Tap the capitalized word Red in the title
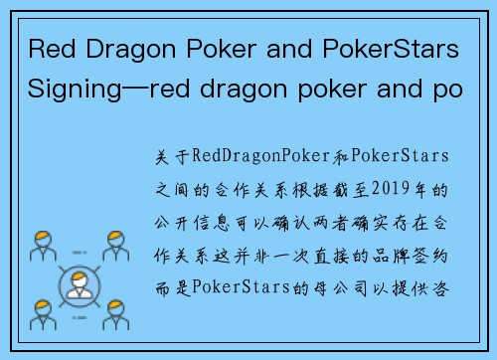click(x=48, y=49)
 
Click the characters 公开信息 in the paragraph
click(x=202, y=222)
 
